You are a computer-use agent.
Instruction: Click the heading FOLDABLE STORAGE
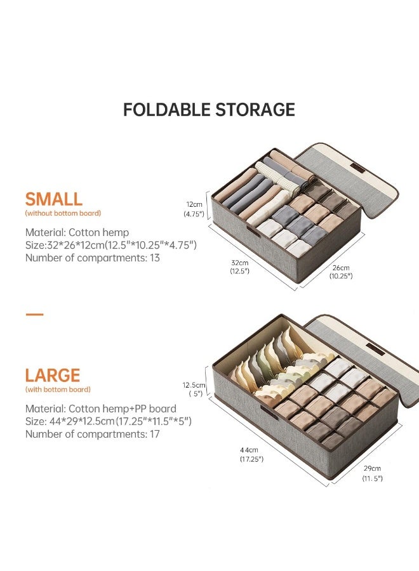[x=209, y=110]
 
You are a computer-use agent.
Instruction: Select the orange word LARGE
[x=53, y=376]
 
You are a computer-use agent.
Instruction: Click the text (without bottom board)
[x=63, y=213]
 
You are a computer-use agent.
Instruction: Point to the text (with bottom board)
[x=58, y=389]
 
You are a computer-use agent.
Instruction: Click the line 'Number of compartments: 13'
[x=93, y=258]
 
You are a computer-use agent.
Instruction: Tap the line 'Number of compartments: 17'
[x=93, y=434]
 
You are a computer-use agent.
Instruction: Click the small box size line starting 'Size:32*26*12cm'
[x=111, y=245]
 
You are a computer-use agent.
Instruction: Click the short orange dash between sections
[x=34, y=314]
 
